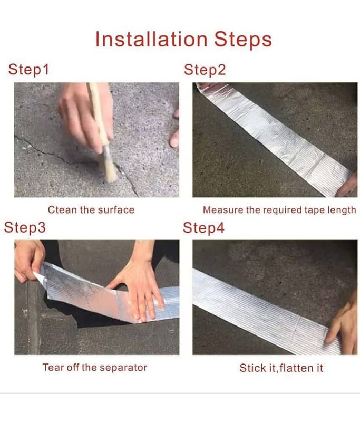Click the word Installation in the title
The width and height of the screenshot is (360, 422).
(x=151, y=39)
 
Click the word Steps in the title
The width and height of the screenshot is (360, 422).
(x=243, y=39)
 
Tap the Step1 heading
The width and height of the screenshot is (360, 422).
(x=29, y=70)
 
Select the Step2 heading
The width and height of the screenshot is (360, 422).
(x=205, y=70)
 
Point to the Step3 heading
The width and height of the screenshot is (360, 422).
(x=25, y=227)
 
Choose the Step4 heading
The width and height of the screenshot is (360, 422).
(x=203, y=228)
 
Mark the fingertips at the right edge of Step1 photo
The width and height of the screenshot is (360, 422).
(x=175, y=129)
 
